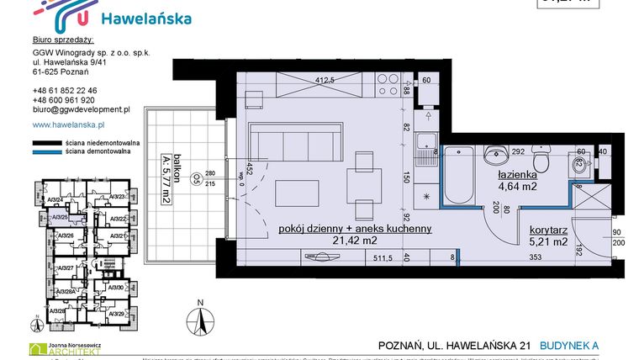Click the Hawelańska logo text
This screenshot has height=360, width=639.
145,18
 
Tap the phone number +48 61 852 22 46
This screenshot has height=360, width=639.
64,90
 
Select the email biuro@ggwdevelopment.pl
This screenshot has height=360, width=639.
81,109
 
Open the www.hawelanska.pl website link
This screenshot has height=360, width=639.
71,124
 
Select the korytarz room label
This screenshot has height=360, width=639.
548,228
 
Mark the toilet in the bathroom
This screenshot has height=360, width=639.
544,161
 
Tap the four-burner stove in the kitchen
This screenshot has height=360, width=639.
390,83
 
